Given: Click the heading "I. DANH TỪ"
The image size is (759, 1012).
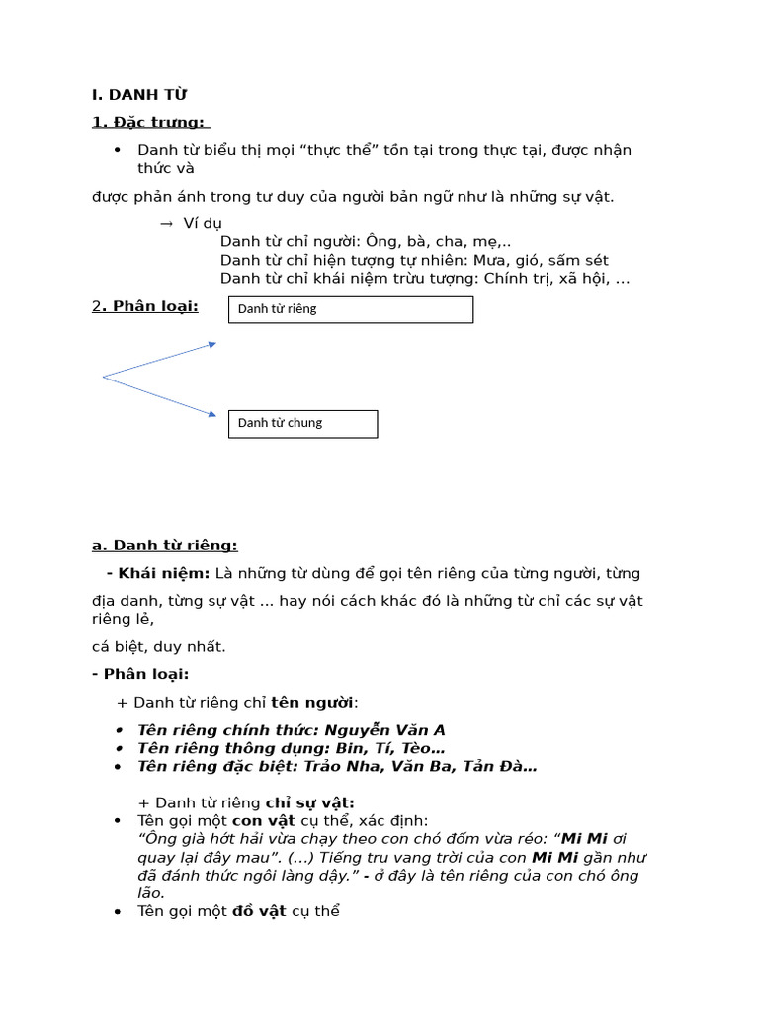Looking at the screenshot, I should [138, 95].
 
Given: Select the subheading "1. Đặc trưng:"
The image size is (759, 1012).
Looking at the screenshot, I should [148, 122].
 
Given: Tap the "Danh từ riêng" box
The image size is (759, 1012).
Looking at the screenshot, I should [351, 309].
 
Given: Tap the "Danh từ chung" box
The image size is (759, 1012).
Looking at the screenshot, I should [302, 423].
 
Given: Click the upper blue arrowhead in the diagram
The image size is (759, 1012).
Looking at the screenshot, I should [211, 344].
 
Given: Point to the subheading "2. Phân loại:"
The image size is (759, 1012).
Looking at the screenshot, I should [144, 306].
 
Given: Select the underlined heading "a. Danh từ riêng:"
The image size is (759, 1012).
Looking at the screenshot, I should [164, 546].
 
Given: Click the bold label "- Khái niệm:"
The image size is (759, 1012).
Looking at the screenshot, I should [158, 573].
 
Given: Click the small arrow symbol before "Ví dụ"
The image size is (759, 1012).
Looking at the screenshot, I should [166, 224].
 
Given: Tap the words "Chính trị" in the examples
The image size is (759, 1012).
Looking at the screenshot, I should [514, 279].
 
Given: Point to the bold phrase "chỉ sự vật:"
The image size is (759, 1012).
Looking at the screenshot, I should [310, 802].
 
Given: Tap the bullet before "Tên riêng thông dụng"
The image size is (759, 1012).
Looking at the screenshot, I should [118, 749].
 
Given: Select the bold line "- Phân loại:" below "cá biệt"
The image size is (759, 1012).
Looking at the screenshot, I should [139, 674].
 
